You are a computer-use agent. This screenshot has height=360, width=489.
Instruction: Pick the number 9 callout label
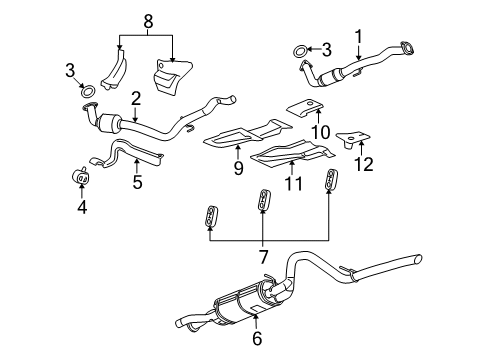tap(238, 168)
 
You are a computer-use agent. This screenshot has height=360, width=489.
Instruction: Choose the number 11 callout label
tap(293, 184)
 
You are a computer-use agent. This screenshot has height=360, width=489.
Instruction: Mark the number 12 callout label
tap(365, 163)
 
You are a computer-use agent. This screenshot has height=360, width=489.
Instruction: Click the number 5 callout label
tap(138, 183)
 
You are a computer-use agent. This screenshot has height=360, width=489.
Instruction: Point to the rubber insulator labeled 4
tap(79, 178)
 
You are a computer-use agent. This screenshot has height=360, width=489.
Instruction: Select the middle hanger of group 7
tap(264, 199)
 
